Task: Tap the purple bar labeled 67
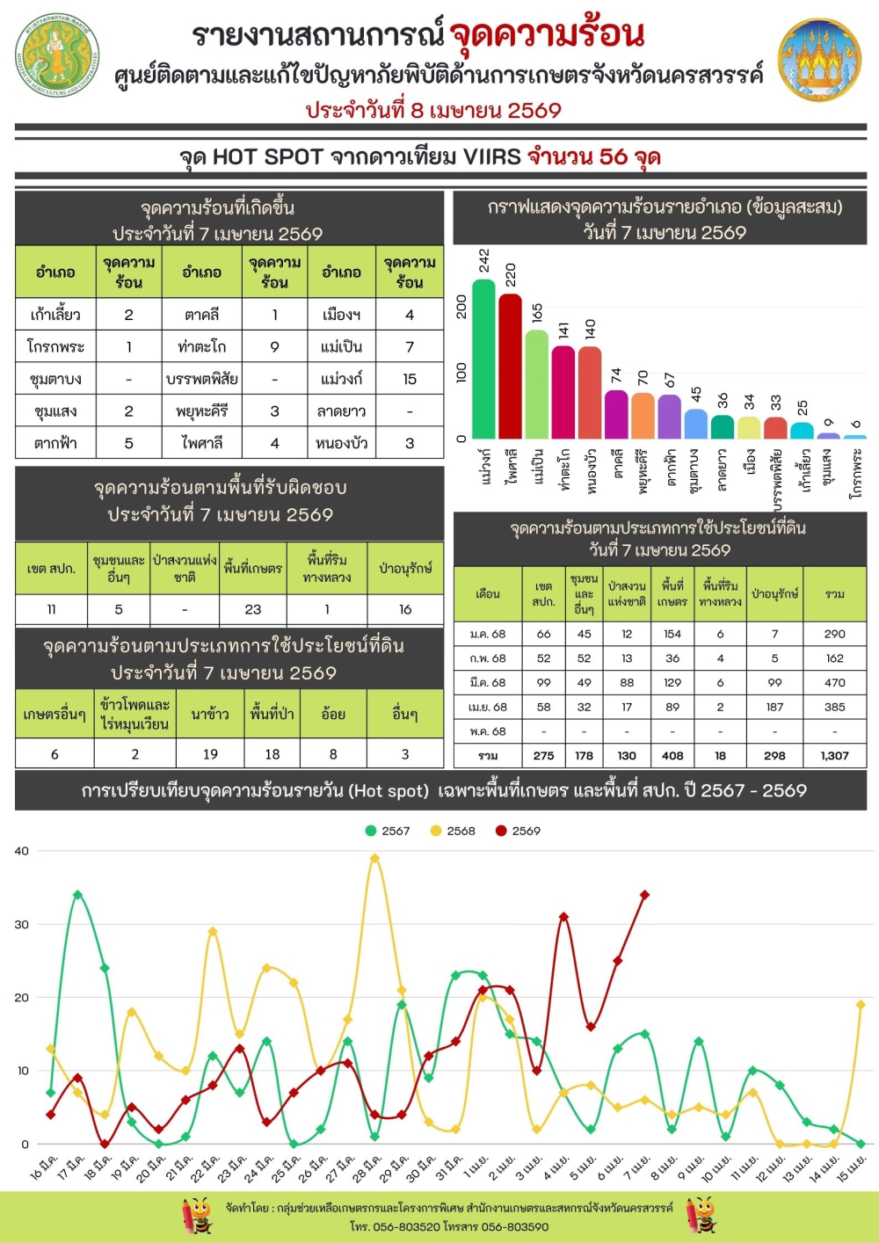pos(670,417)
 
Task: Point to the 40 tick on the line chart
pos(22,851)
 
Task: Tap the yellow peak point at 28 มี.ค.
pos(375,858)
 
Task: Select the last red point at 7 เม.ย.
pos(645,895)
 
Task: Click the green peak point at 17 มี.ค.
pos(78,895)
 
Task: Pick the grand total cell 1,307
pos(834,755)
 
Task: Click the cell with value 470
pos(834,682)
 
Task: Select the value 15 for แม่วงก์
pos(410,379)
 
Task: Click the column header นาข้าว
pos(210,714)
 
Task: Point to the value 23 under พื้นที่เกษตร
pos(253,609)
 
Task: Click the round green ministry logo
pos(58,55)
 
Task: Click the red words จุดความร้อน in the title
pos(547,35)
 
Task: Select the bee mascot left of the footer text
pos(198,1217)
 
